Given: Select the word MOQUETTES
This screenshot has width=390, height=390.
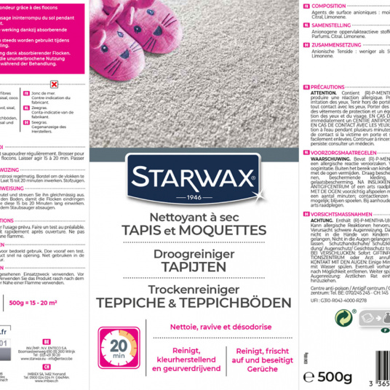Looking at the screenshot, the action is click(x=228, y=230).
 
